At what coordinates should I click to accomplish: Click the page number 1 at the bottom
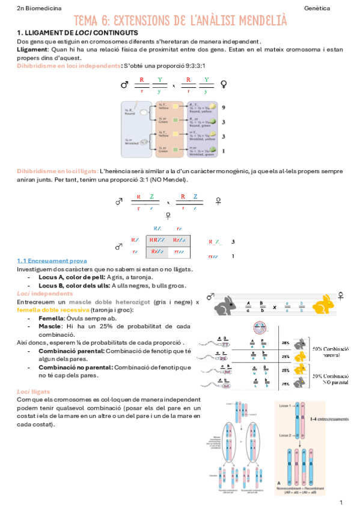[341, 502]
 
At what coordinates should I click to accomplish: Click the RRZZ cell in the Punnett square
[157, 240]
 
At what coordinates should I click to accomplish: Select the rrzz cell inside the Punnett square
[180, 251]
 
